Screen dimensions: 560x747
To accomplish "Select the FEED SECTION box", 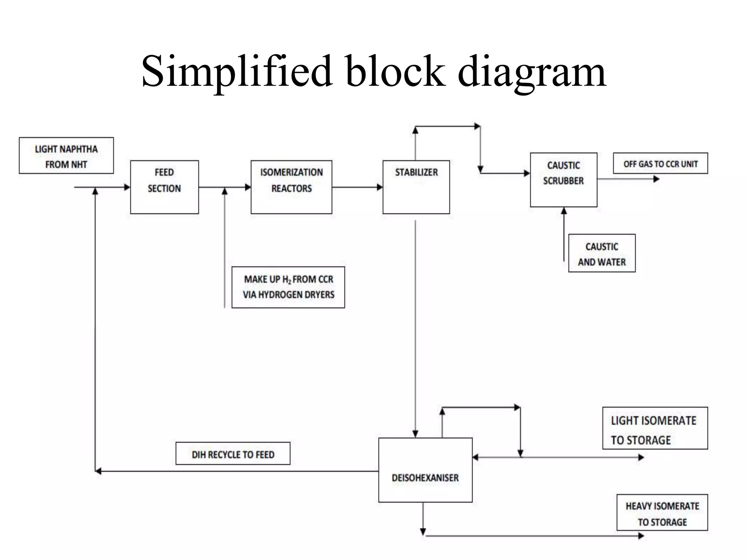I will (165, 187).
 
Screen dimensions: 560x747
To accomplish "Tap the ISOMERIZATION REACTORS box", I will (291, 187).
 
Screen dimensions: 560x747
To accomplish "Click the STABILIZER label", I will (416, 172).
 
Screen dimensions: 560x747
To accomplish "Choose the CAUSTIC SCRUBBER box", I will (564, 180).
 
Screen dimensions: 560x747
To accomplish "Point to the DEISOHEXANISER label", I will (425, 478).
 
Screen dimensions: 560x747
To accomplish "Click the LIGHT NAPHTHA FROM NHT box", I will (66, 156).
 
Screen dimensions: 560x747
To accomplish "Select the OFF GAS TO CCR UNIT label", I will (660, 164).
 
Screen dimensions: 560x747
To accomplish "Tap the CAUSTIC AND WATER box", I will (602, 253).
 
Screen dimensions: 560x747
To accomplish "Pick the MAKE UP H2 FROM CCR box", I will (288, 287).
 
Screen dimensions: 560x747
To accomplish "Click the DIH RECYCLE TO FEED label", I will (233, 454).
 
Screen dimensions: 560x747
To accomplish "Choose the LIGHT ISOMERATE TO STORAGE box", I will (655, 428).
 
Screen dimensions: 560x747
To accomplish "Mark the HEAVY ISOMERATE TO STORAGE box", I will (662, 513).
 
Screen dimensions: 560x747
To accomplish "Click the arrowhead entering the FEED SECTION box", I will (127, 187).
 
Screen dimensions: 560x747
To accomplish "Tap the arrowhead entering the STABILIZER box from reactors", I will (380, 187).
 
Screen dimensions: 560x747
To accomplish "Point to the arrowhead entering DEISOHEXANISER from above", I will (415, 434).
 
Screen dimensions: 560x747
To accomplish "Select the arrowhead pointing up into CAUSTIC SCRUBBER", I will (564, 211).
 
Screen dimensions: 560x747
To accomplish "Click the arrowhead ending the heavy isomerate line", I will (641, 536).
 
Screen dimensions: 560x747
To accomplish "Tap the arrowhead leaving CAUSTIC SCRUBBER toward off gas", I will (656, 179).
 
